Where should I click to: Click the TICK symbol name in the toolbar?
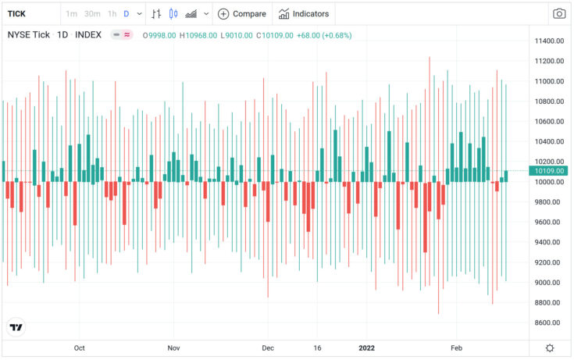point(16,13)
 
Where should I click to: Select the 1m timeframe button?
point(71,13)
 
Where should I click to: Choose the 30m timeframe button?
point(92,13)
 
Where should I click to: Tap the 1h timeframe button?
point(112,13)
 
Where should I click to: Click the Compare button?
point(241,13)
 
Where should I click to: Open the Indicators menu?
point(304,13)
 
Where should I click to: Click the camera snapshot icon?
point(559,13)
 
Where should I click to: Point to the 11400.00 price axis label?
point(549,41)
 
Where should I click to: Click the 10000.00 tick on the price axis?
point(549,182)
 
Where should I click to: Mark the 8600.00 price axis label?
point(549,323)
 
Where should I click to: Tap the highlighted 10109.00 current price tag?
point(549,171)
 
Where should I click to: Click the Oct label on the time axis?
point(79,348)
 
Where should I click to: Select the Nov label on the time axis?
point(173,348)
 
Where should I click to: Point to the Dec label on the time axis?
point(268,348)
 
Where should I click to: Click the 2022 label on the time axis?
point(365,348)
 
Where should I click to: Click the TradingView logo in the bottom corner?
point(16,328)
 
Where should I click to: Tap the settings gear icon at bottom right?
point(551,348)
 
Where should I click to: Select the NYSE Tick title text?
point(29,35)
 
